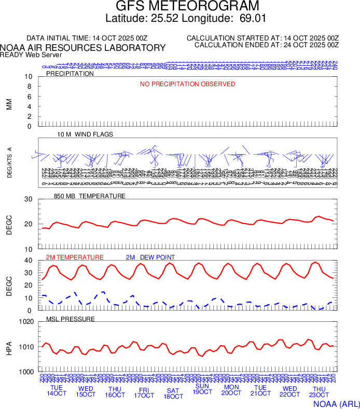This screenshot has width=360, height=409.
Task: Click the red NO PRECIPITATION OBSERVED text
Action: tap(188, 84)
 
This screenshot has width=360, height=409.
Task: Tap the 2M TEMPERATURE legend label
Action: tap(75, 257)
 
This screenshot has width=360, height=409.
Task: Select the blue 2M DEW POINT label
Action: tap(150, 257)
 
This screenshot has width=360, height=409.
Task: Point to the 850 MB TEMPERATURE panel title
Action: tap(90, 196)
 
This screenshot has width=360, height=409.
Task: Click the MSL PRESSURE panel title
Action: tap(71, 319)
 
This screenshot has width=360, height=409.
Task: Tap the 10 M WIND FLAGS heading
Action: tap(85, 134)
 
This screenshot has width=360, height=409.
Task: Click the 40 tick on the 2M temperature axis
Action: tap(29, 261)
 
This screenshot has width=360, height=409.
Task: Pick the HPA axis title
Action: tap(9, 347)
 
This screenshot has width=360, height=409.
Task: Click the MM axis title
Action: tap(9, 104)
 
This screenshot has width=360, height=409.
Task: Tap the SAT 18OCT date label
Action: tap(173, 393)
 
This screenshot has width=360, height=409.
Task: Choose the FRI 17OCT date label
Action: tap(144, 392)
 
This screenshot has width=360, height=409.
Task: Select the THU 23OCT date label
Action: tap(319, 392)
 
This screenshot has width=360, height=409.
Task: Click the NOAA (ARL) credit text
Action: tap(336, 403)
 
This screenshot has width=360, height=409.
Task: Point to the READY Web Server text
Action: tap(31, 55)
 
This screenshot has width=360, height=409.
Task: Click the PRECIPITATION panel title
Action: tap(70, 74)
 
